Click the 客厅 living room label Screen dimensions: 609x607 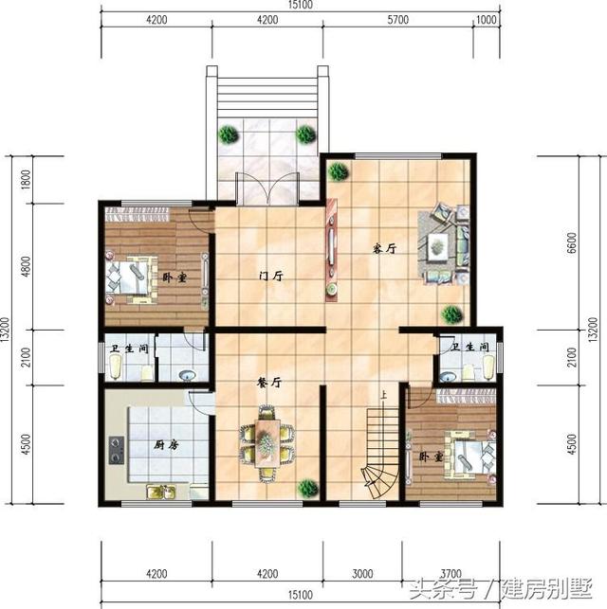(383, 250)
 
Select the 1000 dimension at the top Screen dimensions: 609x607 (487, 21)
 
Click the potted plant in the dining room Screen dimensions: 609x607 (307, 488)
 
